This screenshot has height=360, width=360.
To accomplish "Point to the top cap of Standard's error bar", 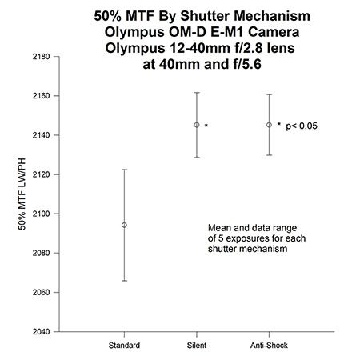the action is [124, 170].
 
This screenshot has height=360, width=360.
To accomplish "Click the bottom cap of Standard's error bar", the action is [124, 281].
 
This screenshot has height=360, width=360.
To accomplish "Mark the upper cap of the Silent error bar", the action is [197, 93].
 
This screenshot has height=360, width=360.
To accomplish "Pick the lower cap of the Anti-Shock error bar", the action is [269, 155].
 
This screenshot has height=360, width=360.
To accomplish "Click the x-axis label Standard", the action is [124, 346].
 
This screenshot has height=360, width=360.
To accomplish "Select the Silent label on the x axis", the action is [197, 346].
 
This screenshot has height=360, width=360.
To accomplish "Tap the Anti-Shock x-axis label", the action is [269, 346].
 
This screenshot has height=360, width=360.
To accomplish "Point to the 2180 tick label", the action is [42, 57].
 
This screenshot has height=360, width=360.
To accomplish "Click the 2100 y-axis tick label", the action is [42, 214].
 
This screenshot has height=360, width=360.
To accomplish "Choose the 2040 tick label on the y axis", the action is [42, 332].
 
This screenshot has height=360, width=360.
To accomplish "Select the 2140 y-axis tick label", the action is [42, 135].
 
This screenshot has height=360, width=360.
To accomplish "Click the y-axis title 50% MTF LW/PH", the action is [22, 194].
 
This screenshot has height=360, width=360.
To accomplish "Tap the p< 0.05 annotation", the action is [302, 126].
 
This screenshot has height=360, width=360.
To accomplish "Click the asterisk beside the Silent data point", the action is [206, 125].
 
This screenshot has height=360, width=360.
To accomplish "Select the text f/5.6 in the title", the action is [245, 64].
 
